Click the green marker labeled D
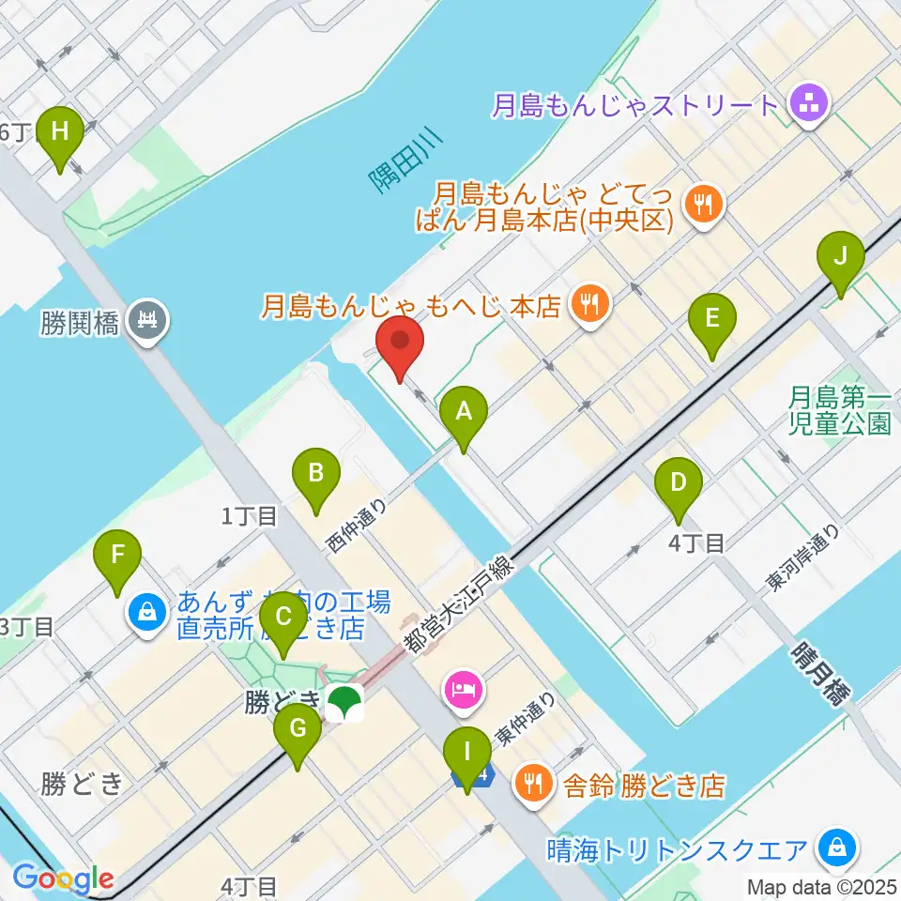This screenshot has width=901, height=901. tap(679, 486)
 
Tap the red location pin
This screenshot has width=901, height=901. tap(400, 344)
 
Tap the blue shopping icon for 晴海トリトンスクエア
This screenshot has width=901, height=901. tap(835, 848)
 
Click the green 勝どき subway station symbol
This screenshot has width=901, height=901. tap(346, 703)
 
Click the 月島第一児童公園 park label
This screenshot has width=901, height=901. tap(839, 410)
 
